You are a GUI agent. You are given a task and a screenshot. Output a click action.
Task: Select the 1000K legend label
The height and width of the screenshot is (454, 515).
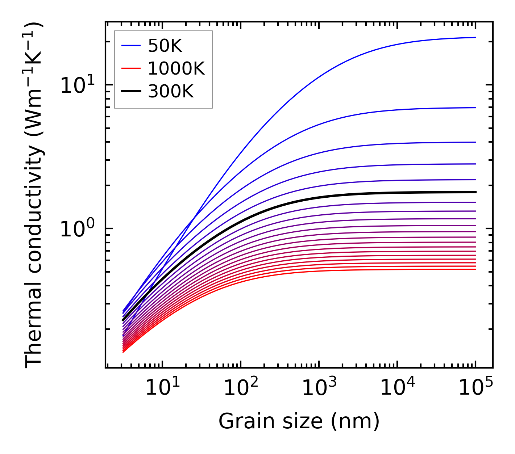pos(176,68)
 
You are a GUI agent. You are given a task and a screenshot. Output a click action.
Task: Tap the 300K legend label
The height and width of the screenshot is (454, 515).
pos(171,92)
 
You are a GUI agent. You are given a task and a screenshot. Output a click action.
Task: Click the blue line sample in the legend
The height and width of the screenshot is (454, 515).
pos(131,46)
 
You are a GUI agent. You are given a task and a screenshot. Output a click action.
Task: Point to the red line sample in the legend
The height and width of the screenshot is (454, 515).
pos(131,68)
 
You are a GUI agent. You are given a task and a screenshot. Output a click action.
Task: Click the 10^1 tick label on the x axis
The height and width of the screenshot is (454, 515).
pos(162,389)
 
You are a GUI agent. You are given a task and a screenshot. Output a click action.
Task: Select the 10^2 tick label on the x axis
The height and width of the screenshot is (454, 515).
pos(241,389)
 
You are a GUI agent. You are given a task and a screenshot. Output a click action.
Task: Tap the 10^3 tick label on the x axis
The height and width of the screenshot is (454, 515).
pos(319,389)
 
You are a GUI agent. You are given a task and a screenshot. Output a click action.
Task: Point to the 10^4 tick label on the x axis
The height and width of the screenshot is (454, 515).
pos(397,389)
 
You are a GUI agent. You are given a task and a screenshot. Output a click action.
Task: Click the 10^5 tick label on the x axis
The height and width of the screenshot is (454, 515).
pos(475,389)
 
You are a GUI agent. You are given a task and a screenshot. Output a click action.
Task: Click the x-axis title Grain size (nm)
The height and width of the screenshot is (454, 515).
pos(299,421)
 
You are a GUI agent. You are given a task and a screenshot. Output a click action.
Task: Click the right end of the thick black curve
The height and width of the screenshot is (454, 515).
pos(475,192)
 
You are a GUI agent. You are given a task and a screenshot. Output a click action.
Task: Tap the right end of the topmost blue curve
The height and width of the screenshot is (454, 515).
pos(475,37)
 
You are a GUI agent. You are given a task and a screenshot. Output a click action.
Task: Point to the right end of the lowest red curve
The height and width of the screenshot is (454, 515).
pos(475,269)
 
